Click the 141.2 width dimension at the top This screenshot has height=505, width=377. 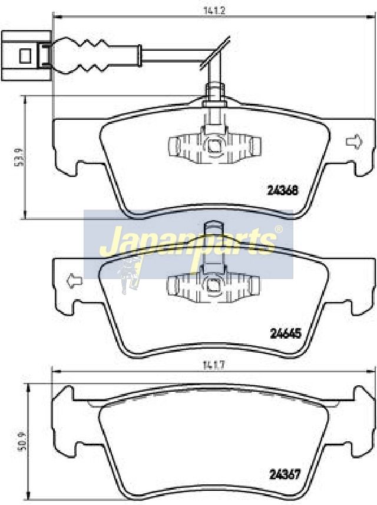click(214, 9)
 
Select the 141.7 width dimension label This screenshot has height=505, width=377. click(214, 366)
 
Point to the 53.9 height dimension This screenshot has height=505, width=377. click(17, 158)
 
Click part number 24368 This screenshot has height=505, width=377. click(283, 191)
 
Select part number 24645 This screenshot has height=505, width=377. click(285, 334)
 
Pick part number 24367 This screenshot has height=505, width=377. click(285, 474)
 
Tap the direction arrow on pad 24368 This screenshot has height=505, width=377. click(354, 142)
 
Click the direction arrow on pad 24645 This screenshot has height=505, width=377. click(74, 280)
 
